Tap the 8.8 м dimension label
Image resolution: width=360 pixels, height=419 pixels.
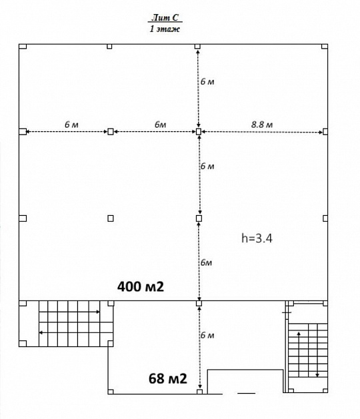tap(262, 124)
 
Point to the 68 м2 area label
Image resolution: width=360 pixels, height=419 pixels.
tap(167, 379)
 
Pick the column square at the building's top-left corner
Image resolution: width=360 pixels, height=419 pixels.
tap(21, 46)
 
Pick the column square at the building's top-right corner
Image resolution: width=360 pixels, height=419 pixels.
tap(325, 46)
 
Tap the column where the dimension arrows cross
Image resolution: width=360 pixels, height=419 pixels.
tap(198, 132)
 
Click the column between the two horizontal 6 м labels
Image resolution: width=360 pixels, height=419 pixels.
tap(111, 132)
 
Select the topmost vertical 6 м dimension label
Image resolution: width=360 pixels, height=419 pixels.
tap(207, 81)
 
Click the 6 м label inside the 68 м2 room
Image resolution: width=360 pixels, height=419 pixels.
tap(207, 335)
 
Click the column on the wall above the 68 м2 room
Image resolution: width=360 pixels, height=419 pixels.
tap(199, 303)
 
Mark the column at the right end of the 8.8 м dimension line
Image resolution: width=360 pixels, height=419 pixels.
tap(325, 132)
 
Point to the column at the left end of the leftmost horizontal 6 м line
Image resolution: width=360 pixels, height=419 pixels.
tap(23, 132)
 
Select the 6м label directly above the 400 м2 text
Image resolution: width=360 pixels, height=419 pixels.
tap(206, 262)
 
